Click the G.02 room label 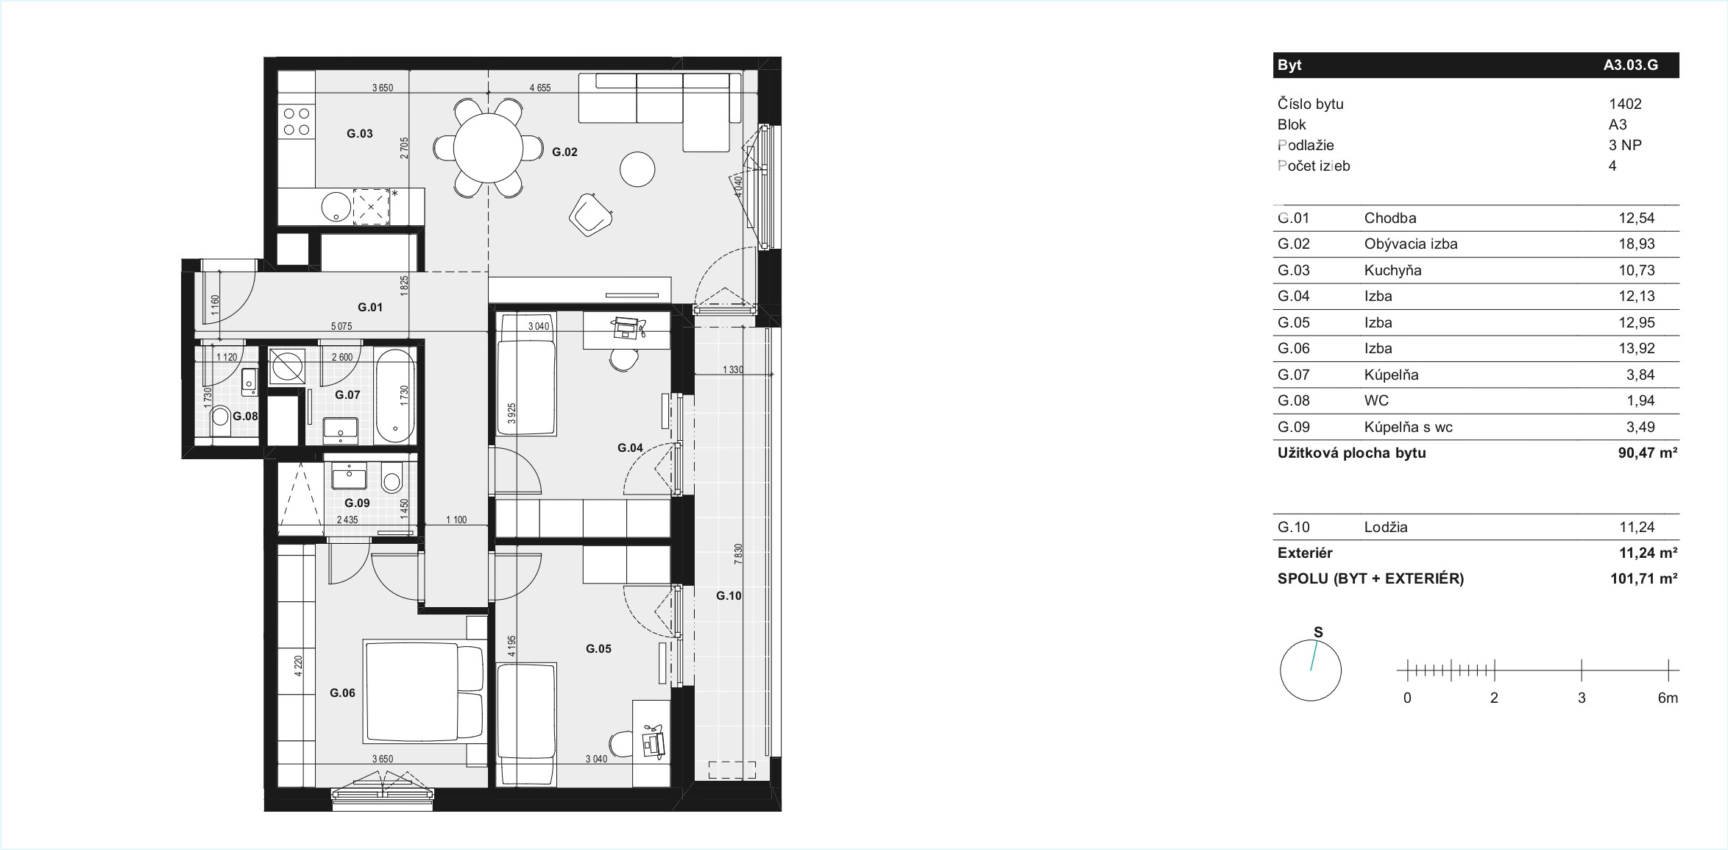[x=564, y=152]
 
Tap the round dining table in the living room [x=488, y=148]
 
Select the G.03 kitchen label [x=359, y=134]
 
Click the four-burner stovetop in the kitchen [x=297, y=121]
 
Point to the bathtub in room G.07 [x=394, y=396]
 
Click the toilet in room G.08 [x=220, y=421]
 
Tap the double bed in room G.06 [x=424, y=693]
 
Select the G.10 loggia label [x=729, y=596]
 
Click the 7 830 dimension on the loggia [x=738, y=554]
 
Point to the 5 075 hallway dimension [x=341, y=327]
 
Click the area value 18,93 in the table [x=1636, y=244]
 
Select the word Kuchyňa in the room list [x=1392, y=270]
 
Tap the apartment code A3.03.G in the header [x=1631, y=65]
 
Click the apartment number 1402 [x=1625, y=105]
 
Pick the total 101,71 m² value [x=1643, y=579]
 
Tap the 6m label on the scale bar [x=1668, y=698]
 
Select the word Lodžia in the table [x=1386, y=527]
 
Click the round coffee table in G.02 [x=637, y=169]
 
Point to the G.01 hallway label [x=370, y=308]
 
